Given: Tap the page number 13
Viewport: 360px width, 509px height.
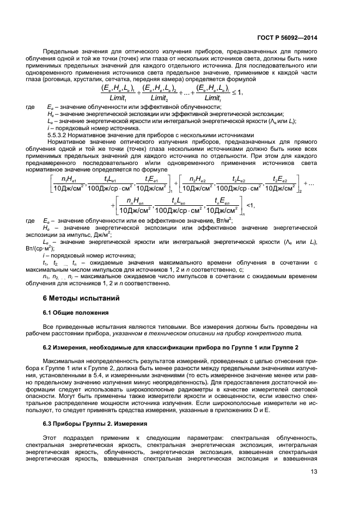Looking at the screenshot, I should [314, 472].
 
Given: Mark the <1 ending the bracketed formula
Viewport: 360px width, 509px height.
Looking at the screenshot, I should [251, 206].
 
